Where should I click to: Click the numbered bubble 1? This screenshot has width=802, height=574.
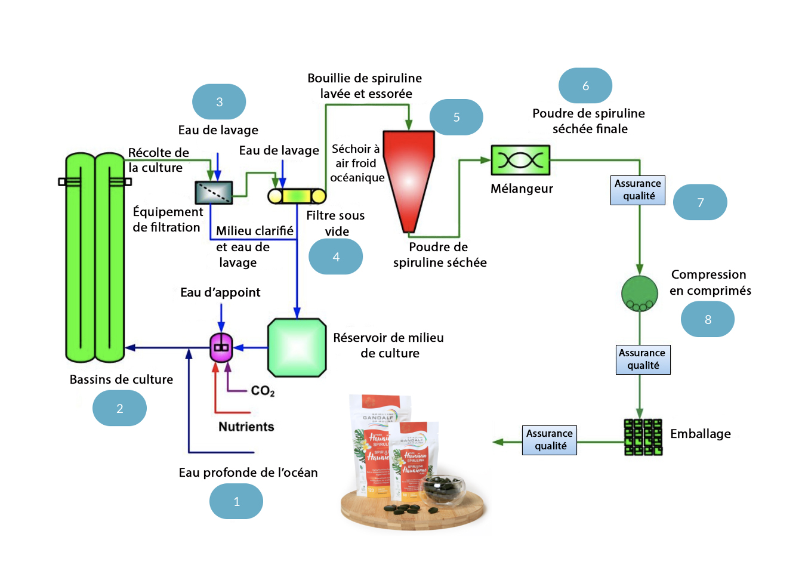(236, 501)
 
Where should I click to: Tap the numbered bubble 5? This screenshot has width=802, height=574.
(456, 117)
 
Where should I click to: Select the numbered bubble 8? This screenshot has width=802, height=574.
(708, 319)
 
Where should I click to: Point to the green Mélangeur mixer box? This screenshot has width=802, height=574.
(520, 160)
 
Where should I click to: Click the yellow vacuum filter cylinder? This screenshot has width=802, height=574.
(297, 196)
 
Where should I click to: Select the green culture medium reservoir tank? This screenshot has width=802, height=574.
(297, 348)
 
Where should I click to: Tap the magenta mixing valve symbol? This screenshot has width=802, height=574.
(221, 347)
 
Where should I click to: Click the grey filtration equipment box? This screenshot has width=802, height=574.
(214, 192)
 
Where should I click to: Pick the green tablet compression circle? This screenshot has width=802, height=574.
(639, 293)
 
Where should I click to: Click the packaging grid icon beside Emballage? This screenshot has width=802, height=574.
(643, 437)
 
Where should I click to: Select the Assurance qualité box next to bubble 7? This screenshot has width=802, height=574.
(638, 190)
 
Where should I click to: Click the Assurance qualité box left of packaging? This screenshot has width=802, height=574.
(550, 440)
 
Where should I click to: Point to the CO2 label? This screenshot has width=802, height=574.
(263, 391)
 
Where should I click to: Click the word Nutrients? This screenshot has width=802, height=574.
(246, 427)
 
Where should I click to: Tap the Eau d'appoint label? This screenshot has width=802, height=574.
(220, 292)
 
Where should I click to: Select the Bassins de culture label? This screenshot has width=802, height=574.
(121, 379)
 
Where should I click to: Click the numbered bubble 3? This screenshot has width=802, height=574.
(219, 102)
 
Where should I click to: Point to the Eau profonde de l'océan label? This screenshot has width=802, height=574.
(248, 473)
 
